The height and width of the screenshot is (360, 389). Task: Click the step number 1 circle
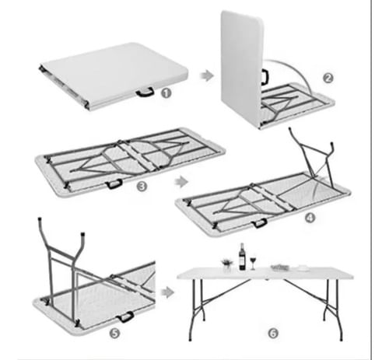point(166,93)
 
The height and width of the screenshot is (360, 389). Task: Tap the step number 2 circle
point(328,78)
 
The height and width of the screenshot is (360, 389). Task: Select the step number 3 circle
point(142,187)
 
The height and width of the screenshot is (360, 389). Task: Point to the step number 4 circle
point(310,218)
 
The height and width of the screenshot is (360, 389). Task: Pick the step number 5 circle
point(115,333)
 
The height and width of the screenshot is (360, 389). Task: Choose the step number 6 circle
point(273,334)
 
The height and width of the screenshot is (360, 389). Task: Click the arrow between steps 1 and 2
point(207,75)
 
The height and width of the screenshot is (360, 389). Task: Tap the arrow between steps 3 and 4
point(181,182)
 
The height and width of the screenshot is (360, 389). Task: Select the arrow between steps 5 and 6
point(167,292)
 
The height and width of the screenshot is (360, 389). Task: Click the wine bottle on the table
point(242,257)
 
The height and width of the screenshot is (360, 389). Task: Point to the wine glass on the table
point(253,263)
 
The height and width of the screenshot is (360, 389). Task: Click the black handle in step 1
point(145,92)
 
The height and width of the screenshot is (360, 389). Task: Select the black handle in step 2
point(265,77)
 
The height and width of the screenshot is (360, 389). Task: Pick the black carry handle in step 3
point(114,184)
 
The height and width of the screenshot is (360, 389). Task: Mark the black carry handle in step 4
point(260,223)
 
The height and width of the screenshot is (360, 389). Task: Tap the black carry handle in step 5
point(125,317)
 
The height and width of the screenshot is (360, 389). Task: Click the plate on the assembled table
point(303,268)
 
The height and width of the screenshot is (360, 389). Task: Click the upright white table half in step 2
point(242,68)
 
